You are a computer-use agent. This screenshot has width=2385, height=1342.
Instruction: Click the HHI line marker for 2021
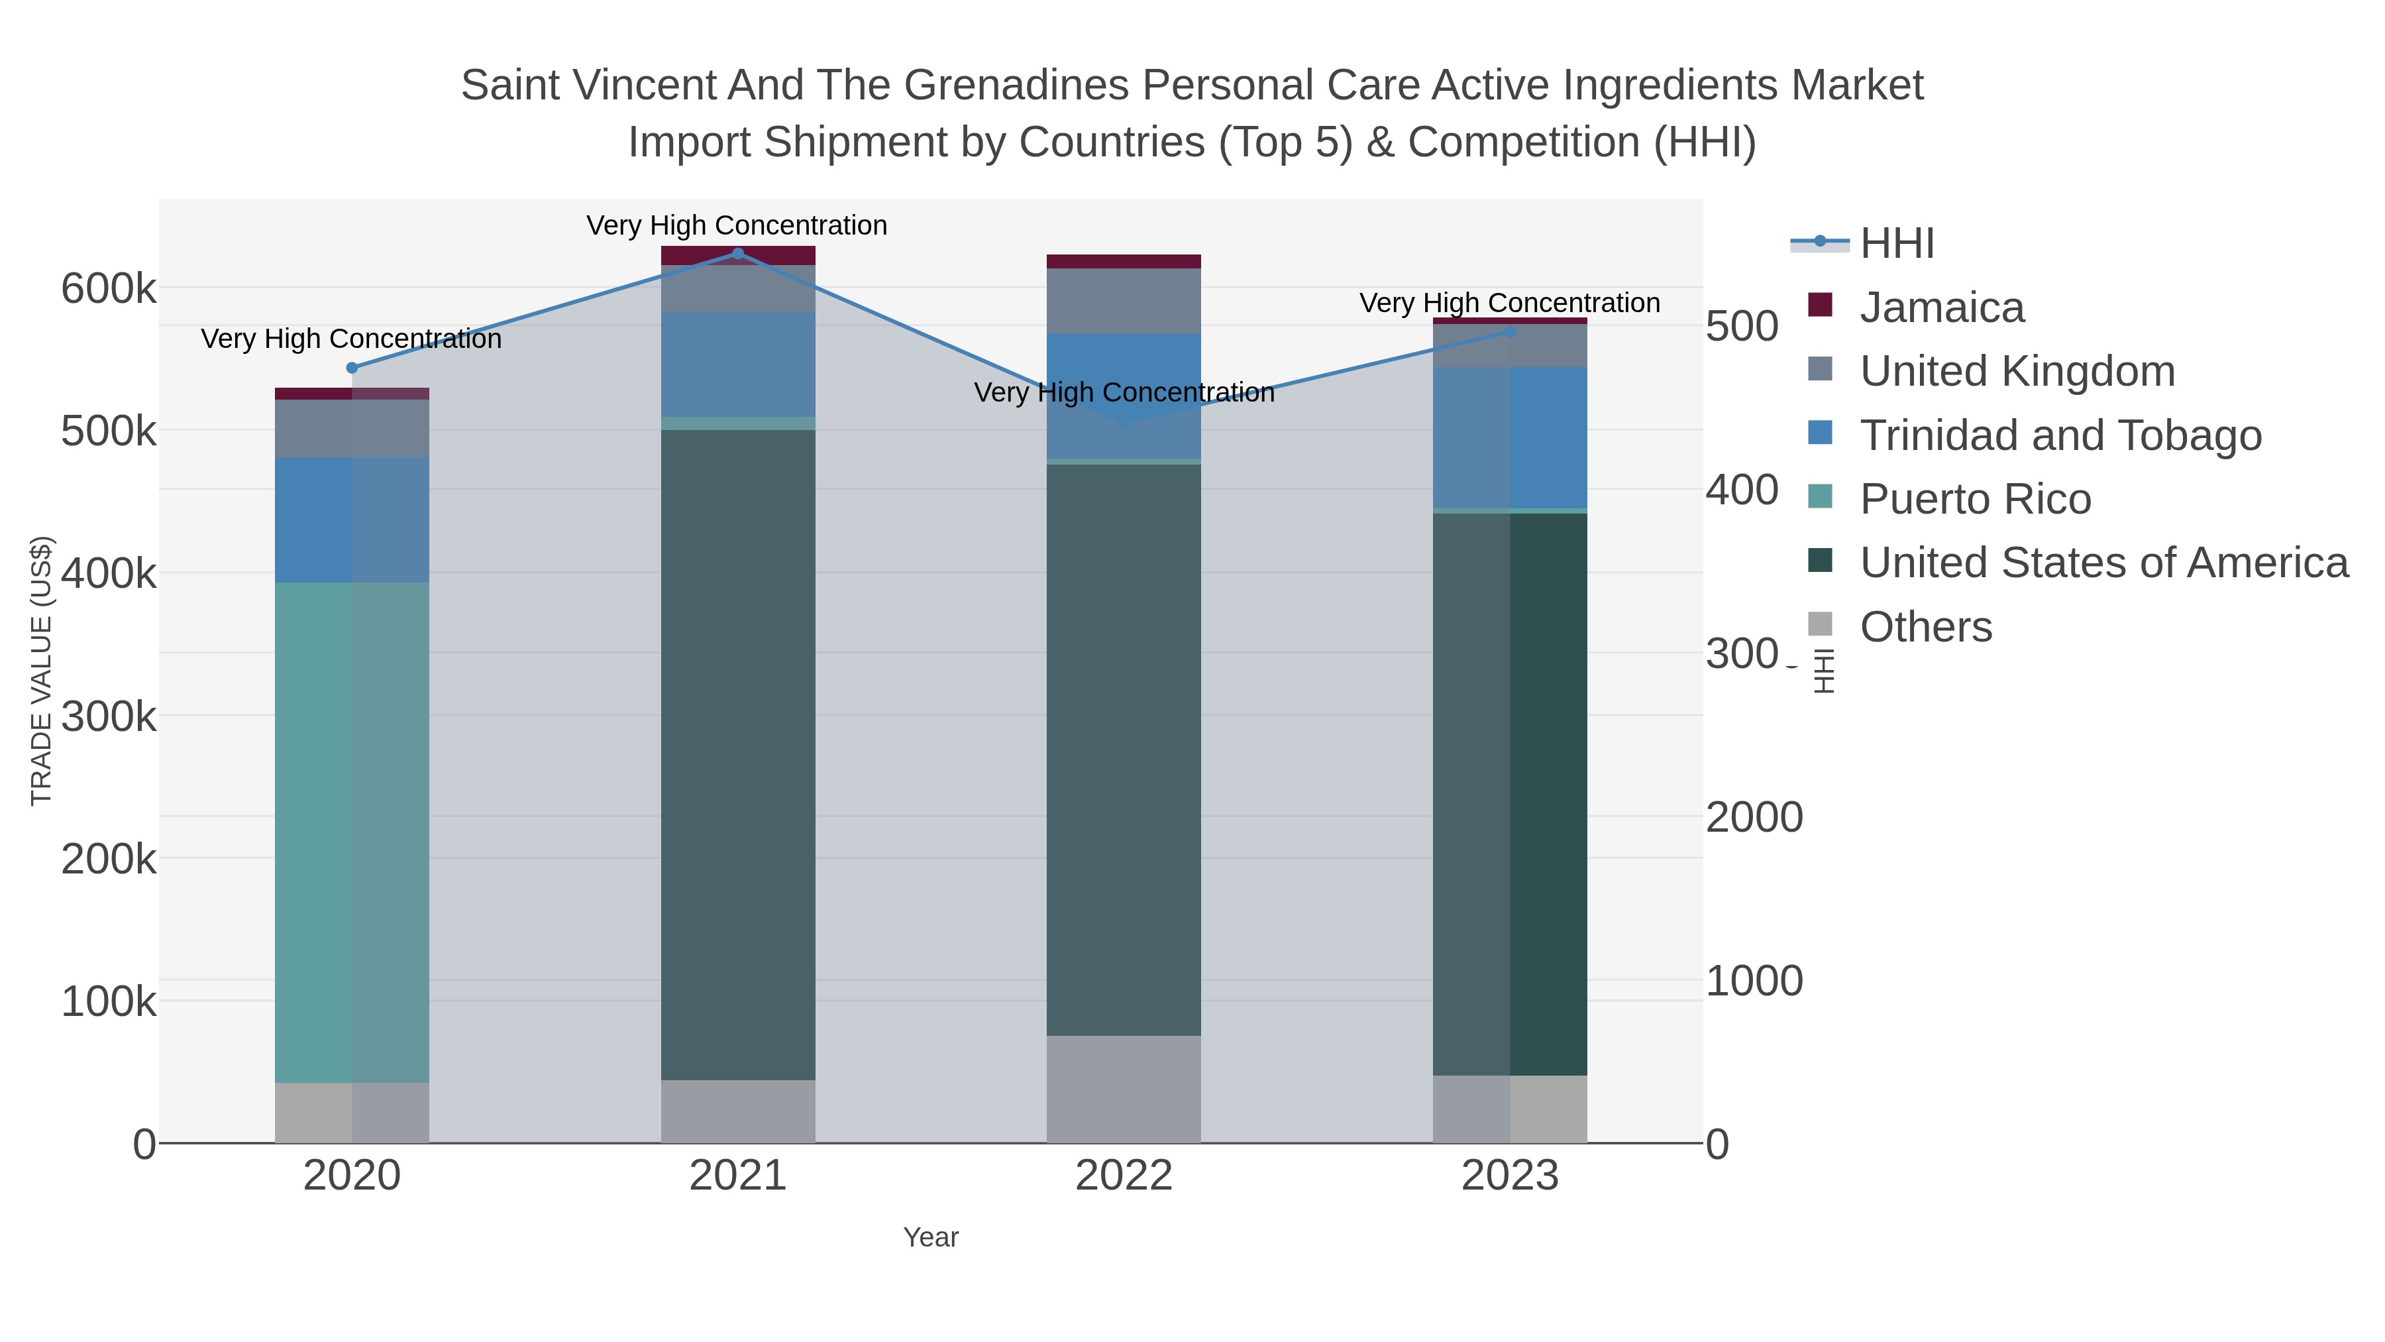[x=738, y=253]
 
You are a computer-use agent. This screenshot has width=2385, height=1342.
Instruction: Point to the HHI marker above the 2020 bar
[x=352, y=368]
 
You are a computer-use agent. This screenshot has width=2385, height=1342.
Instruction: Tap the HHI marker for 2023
[x=1510, y=331]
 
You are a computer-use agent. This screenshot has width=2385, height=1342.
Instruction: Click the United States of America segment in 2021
[x=738, y=755]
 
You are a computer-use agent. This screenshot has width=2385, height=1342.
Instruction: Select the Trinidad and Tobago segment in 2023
[x=1510, y=437]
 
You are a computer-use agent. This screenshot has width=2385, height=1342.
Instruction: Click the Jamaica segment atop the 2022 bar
[x=1123, y=261]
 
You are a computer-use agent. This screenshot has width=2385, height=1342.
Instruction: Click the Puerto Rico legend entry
[x=1974, y=499]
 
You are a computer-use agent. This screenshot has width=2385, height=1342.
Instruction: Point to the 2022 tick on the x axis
[x=1123, y=1176]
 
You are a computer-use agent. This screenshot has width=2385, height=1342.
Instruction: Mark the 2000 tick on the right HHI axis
[x=1754, y=818]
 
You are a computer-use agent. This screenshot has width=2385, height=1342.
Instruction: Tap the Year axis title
[x=931, y=1237]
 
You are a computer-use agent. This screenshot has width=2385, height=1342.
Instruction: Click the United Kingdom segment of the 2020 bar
[x=352, y=428]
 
